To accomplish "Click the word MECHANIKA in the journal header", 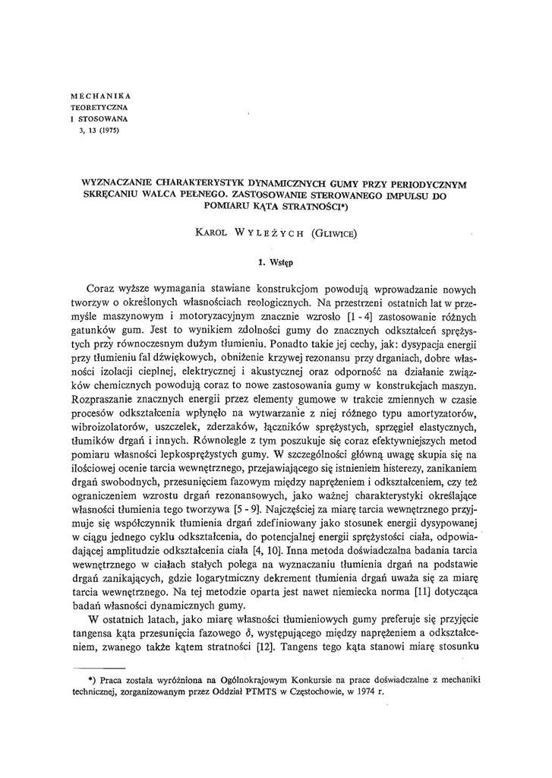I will click(x=100, y=96).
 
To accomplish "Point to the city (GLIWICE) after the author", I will click(x=338, y=233).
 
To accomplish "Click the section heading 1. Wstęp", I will click(x=276, y=262).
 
